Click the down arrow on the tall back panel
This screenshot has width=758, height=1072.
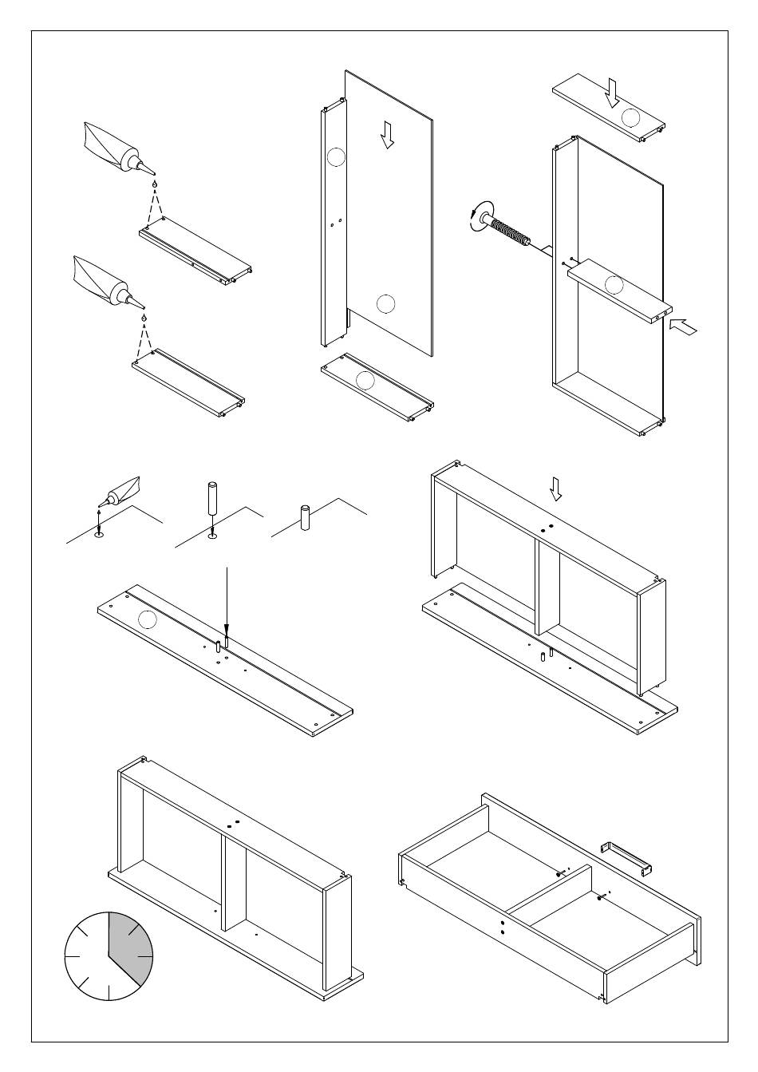388,134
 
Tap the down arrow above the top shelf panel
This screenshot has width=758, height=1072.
612,92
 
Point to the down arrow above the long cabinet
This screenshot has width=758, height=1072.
556,489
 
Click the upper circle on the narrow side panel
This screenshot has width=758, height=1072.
336,157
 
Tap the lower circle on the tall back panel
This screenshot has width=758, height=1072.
385,303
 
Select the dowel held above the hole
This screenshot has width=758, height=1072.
212,500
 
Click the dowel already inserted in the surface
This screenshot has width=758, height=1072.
304,518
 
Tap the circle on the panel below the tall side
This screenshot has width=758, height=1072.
365,380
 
